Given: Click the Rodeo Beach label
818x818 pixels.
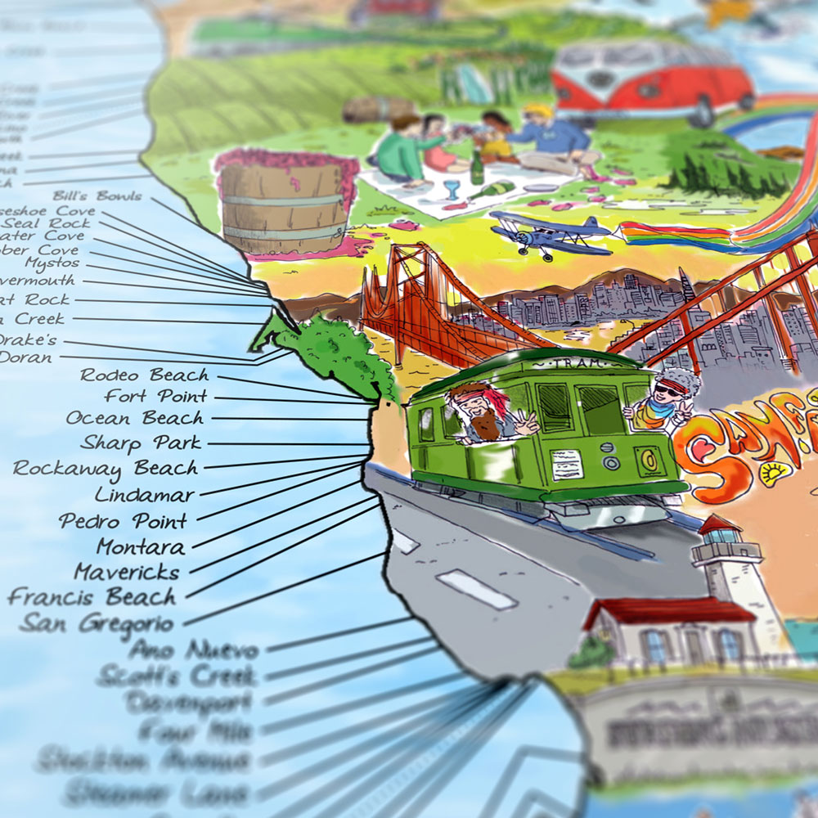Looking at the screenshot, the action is [144, 375].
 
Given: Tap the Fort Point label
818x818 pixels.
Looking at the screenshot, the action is [155, 397].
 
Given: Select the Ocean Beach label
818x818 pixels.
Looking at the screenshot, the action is [135, 418].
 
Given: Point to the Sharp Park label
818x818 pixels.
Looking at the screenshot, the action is [141, 443].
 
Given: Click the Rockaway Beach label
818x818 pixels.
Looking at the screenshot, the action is [106, 469].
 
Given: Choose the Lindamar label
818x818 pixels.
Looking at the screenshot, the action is [145, 495].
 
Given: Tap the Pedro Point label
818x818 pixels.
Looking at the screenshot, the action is [124, 521].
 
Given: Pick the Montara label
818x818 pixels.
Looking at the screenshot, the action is [141, 546].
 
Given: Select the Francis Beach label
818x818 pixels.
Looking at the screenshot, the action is [92, 597].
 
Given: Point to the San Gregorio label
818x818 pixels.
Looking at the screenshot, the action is [97, 623].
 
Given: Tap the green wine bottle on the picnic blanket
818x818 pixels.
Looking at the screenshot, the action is [477, 167].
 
